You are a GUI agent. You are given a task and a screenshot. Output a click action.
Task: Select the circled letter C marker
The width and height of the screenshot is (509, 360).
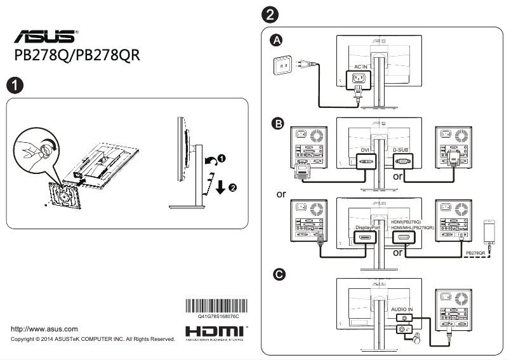tap(277, 274)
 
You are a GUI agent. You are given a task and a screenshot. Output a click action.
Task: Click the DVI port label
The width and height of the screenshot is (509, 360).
tap(364, 150)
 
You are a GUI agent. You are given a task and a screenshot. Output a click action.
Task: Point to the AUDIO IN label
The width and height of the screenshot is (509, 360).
tap(402, 309)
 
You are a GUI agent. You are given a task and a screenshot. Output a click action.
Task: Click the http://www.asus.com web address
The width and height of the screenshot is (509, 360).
tap(45, 329)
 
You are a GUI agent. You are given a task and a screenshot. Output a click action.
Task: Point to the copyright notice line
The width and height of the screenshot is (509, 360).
tap(93, 340)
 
